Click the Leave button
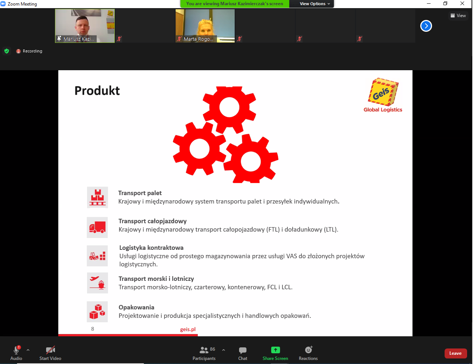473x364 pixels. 455,353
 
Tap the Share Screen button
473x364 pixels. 275,353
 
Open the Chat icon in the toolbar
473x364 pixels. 242,353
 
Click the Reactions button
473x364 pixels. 308,353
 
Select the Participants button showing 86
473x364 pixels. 204,353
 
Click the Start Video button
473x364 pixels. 50,353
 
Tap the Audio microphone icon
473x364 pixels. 16,350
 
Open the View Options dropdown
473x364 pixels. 315,4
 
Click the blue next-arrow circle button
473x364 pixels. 426,26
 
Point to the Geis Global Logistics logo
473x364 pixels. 383,95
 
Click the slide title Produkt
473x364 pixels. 97,91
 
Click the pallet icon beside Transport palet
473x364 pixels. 97,197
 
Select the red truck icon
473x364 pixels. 97,227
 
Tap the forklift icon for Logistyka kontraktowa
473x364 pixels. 97,256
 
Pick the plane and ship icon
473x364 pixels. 97,283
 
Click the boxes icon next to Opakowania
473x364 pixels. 97,312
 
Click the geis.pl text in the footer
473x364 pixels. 188,329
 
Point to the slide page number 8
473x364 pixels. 93,329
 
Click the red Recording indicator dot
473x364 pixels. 18,51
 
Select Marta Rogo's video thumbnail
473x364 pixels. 205,26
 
